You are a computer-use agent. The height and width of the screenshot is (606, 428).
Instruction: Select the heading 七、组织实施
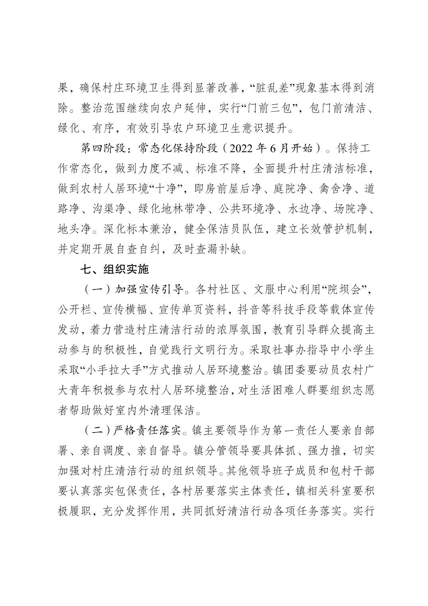pyautogui.click(x=114, y=270)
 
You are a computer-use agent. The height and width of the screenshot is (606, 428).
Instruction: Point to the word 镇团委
pyautogui.click(x=292, y=370)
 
